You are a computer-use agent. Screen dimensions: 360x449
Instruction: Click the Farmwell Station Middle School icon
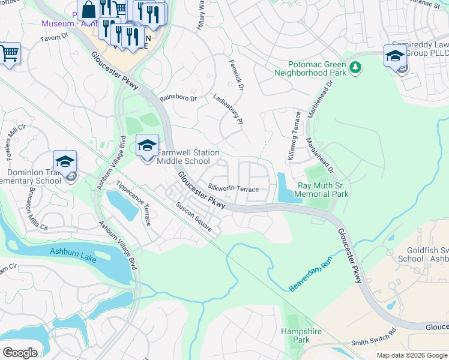point(147,146)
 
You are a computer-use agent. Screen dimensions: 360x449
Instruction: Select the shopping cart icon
point(10,53)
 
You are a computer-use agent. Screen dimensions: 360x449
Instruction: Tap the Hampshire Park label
point(301,335)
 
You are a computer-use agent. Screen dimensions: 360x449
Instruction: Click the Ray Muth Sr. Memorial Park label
point(323,190)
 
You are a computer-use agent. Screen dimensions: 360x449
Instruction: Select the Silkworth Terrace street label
point(234,189)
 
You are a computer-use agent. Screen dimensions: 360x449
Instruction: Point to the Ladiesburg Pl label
point(228,108)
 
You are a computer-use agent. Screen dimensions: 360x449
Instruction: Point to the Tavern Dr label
point(55,37)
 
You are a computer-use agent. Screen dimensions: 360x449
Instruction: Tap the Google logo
point(20,353)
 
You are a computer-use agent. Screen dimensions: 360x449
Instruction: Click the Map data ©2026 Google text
point(411,355)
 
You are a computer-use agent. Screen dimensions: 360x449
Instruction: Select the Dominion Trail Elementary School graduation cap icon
point(65,162)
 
